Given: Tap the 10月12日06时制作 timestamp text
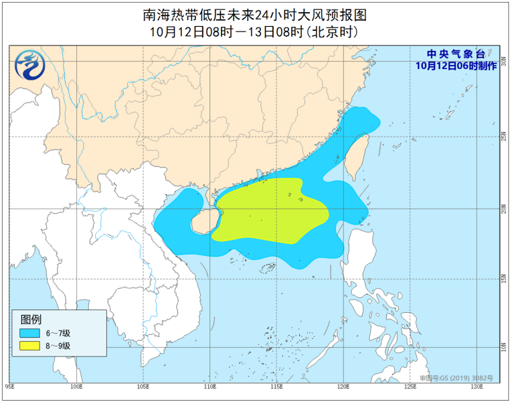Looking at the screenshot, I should [x=456, y=65].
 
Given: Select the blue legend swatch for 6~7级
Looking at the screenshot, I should [x=29, y=332].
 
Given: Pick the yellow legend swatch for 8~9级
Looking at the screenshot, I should [x=29, y=346].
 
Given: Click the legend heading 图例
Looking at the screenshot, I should [x=31, y=318].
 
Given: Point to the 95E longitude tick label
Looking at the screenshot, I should [x=10, y=387].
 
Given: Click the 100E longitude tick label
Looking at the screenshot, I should [x=76, y=387].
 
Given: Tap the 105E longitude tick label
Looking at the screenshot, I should [x=143, y=387].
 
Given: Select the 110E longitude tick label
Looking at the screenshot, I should [x=209, y=387].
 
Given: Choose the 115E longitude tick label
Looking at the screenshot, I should [x=276, y=387].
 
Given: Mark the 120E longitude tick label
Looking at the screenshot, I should [x=343, y=387].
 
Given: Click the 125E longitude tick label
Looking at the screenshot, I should [x=409, y=387].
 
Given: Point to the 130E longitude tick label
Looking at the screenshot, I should [x=476, y=387].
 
